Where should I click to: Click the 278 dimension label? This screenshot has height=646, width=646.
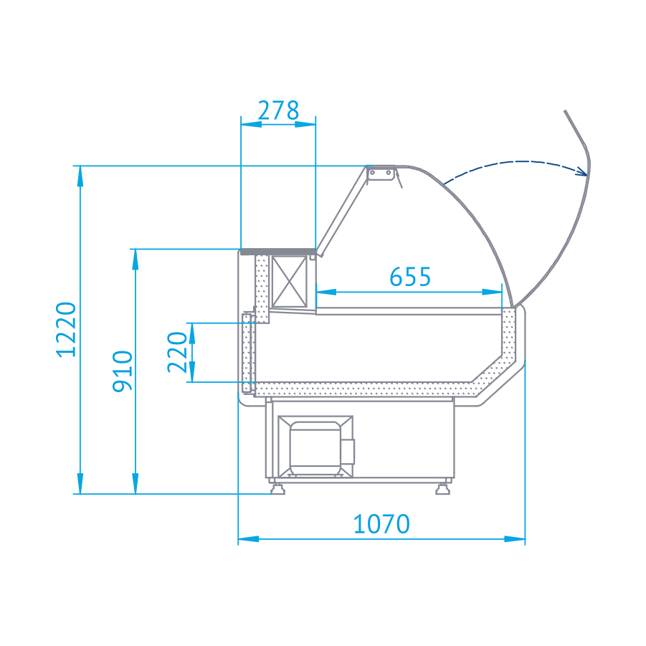click(x=278, y=110)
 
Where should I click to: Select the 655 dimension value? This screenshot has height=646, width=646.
click(x=410, y=277)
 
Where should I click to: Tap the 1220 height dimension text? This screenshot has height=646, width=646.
click(x=67, y=329)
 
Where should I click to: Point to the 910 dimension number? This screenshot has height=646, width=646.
click(x=123, y=371)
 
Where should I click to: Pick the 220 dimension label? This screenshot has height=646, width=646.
click(x=178, y=352)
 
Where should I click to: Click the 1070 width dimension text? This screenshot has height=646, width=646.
click(x=381, y=523)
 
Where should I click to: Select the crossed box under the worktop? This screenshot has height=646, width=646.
click(x=290, y=281)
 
